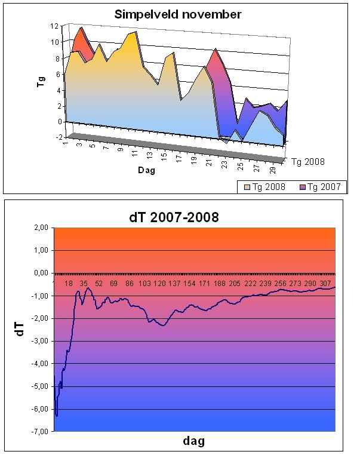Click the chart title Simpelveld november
click(178, 14)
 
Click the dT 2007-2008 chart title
click(174, 217)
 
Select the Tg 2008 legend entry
click(264, 187)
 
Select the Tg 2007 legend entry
click(320, 187)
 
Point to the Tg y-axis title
click(41, 82)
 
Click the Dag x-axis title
click(147, 170)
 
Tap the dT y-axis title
click(20, 330)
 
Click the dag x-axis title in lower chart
click(194, 441)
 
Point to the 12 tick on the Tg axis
click(54, 26)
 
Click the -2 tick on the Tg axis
click(58, 137)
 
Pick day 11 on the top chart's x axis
click(135, 153)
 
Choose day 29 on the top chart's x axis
click(272, 170)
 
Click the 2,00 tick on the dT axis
click(41, 228)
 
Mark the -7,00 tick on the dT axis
click(40, 432)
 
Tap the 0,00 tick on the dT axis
click(41, 273)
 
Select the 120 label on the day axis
click(159, 284)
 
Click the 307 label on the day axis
click(325, 284)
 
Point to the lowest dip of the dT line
click(57, 416)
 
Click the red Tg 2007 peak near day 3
click(81, 28)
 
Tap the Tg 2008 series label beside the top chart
click(308, 162)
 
